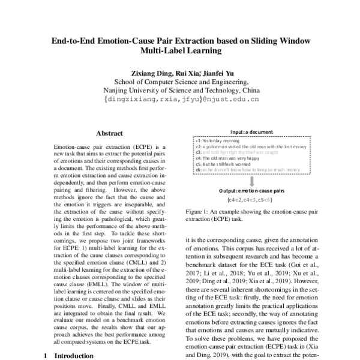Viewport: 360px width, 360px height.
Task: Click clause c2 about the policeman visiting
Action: [251, 146]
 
